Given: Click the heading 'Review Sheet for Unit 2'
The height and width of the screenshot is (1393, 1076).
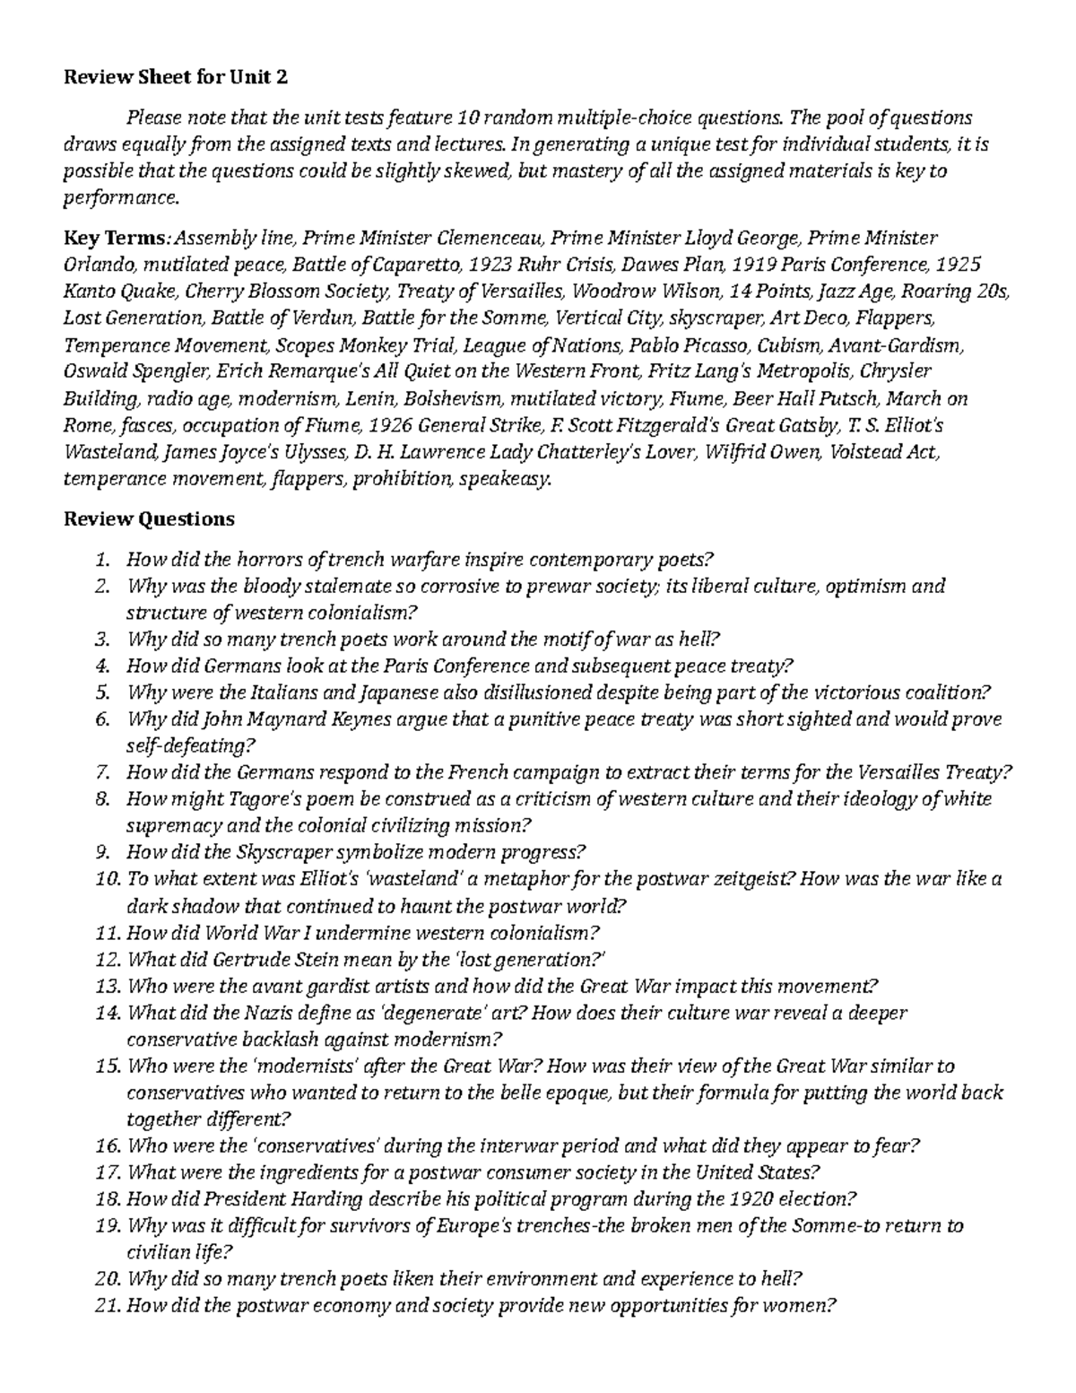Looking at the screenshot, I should click(x=176, y=78).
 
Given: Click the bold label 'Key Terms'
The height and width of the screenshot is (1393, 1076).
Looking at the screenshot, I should click(x=114, y=239).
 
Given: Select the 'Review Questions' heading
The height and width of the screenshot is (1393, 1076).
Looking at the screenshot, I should click(x=149, y=519).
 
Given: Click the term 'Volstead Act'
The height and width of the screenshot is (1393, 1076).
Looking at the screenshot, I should click(x=884, y=452).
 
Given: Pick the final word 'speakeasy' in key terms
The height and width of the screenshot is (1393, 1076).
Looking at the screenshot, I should click(x=506, y=479).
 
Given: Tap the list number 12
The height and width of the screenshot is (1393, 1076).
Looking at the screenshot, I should click(x=106, y=960).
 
